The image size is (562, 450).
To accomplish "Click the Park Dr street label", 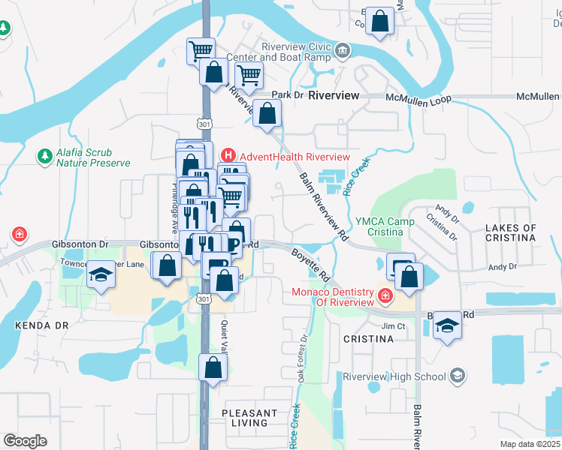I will pyautogui.click(x=286, y=95).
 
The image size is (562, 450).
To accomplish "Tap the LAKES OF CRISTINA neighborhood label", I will pyautogui.click(x=510, y=232).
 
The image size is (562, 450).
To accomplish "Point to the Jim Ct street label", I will pyautogui.click(x=393, y=326).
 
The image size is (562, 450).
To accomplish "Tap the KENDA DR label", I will pyautogui.click(x=41, y=325).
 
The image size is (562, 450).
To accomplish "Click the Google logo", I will pyautogui.click(x=25, y=441).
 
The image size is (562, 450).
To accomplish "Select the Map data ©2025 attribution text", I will pyautogui.click(x=530, y=444).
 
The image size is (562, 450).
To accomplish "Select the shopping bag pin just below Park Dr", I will pyautogui.click(x=267, y=114).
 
